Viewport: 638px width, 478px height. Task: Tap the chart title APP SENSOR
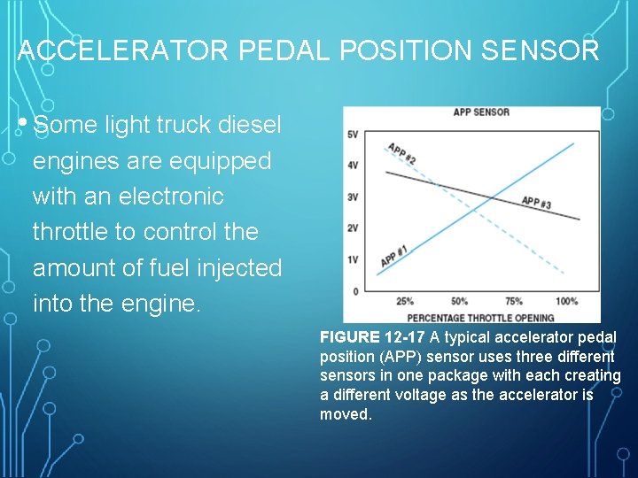pos(481,112)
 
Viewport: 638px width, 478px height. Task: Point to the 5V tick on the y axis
pos(352,135)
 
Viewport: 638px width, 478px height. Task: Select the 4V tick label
pos(352,166)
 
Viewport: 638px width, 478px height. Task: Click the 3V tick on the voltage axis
pos(352,197)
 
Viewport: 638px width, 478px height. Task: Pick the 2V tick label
pos(352,228)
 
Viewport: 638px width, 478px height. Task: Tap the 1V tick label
pos(352,259)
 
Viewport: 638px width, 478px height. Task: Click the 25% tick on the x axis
pos(405,302)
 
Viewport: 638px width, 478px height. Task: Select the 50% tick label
pos(459,302)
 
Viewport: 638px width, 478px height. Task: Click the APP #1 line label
pos(394,256)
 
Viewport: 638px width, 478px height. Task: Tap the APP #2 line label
pos(401,153)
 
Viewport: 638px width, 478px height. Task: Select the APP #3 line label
pos(536,203)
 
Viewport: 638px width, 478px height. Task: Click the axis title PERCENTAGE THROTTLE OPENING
pos(480,317)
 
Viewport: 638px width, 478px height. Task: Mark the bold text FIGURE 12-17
pos(372,337)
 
